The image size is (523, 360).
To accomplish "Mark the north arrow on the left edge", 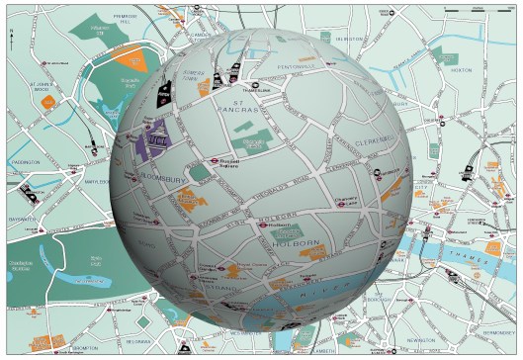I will pos(9,38).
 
